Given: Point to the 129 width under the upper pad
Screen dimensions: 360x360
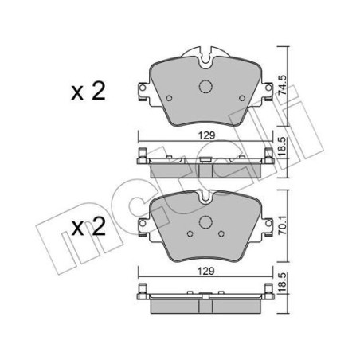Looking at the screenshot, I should [x=205, y=135].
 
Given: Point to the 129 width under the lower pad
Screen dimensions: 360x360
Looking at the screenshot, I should [x=205, y=271].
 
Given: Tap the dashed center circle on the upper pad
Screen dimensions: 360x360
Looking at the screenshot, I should [x=205, y=88].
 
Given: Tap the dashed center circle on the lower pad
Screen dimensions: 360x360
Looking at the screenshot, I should [x=205, y=225].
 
